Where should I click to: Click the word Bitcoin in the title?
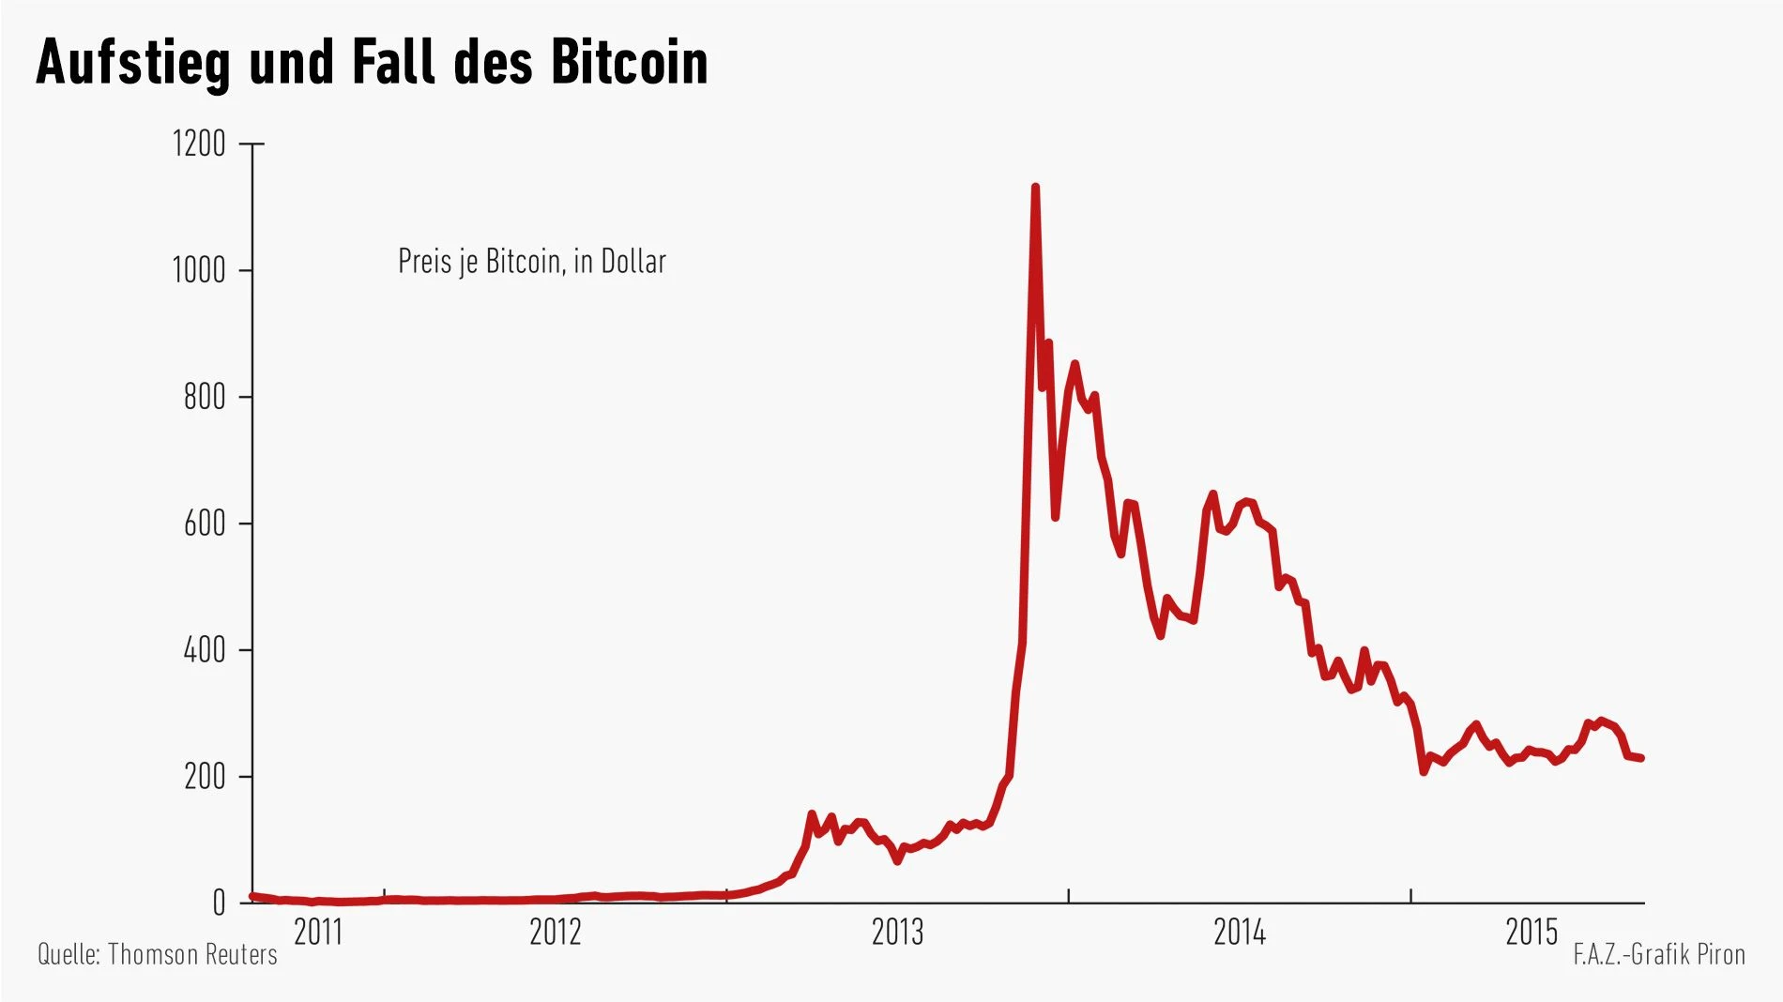pyautogui.click(x=629, y=63)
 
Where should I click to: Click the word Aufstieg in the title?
pyautogui.click(x=133, y=63)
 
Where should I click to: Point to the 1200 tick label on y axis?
pyautogui.click(x=199, y=144)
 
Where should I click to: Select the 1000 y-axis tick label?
pyautogui.click(x=199, y=271)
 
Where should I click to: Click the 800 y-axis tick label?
pyautogui.click(x=205, y=398)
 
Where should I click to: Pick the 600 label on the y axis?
pyautogui.click(x=205, y=524)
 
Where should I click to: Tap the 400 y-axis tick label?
pyautogui.click(x=205, y=650)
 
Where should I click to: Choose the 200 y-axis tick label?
pyautogui.click(x=205, y=777)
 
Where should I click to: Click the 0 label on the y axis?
pyautogui.click(x=219, y=903)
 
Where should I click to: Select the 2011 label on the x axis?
pyautogui.click(x=319, y=933)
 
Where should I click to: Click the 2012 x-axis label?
pyautogui.click(x=556, y=933)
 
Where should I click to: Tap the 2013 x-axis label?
pyautogui.click(x=897, y=933)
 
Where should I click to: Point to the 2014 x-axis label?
pyautogui.click(x=1240, y=933)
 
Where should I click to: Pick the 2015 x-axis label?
pyautogui.click(x=1532, y=933)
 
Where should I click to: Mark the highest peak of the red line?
pyautogui.click(x=1035, y=188)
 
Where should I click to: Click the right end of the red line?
pyautogui.click(x=1641, y=758)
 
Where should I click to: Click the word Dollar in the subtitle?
pyautogui.click(x=633, y=262)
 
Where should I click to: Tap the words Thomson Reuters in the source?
pyautogui.click(x=192, y=955)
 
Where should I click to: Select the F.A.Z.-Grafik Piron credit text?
pyautogui.click(x=1659, y=955)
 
